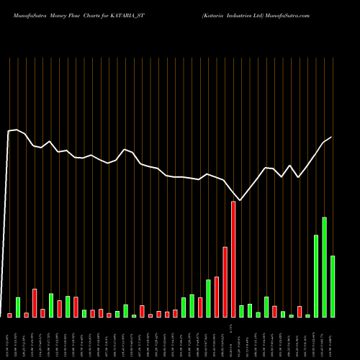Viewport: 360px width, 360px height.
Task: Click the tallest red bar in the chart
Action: coord(233,259)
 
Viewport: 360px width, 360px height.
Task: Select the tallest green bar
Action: coord(325,267)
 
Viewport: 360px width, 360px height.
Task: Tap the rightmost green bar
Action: coord(333,287)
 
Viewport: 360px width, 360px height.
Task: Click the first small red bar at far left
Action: coord(10,315)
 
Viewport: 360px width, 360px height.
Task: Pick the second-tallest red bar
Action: coord(225,282)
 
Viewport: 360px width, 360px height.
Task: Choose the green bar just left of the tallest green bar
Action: coord(316,276)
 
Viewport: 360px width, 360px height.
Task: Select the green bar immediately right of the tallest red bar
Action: coord(242,311)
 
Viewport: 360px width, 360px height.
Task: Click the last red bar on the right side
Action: coord(300,312)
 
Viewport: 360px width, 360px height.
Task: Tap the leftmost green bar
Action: coord(18,307)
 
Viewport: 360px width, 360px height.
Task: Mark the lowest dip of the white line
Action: coord(240,200)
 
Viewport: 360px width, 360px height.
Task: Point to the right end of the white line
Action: coord(331,137)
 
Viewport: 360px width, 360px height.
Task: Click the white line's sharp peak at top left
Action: coord(16,130)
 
